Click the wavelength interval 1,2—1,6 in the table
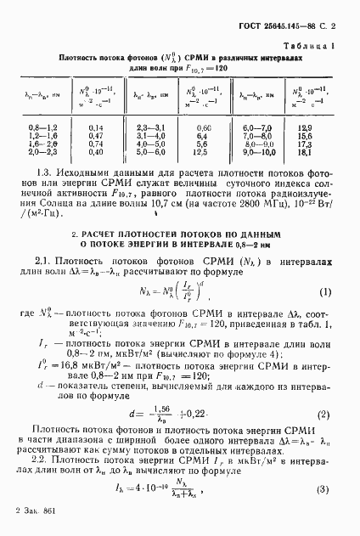coord(41,135)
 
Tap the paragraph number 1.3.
coord(45,172)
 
